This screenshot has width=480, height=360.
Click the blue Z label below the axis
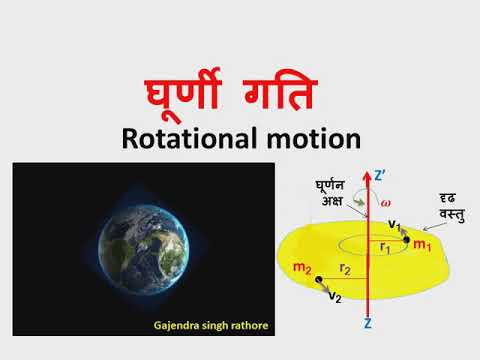pyautogui.click(x=369, y=326)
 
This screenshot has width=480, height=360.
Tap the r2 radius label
pyautogui.click(x=344, y=268)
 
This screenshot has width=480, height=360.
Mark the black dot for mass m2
pyautogui.click(x=318, y=281)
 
